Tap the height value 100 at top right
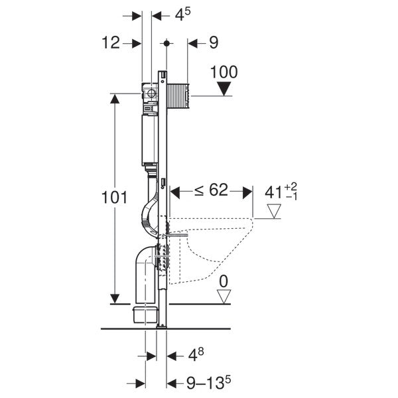coord(224,72)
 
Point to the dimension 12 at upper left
coord(111,43)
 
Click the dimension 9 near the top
coord(213,43)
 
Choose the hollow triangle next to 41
coord(274,211)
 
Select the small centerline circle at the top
coord(166,43)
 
